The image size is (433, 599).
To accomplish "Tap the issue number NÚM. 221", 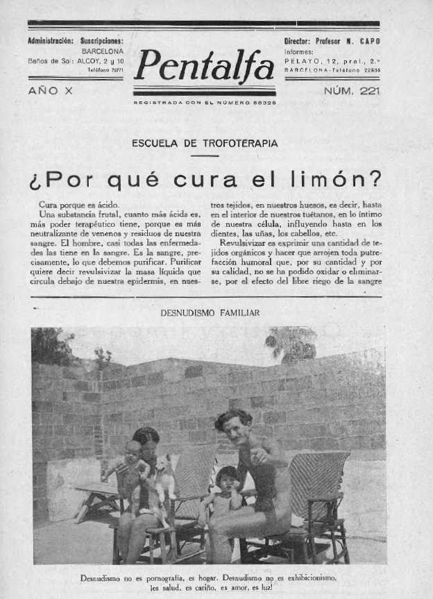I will [x=351, y=91].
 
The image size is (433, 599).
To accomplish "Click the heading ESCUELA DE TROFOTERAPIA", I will [x=205, y=144].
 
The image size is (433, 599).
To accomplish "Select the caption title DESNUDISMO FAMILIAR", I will [x=210, y=313].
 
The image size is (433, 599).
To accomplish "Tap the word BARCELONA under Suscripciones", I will [x=103, y=51].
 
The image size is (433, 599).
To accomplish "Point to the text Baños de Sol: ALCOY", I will [x=76, y=60].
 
